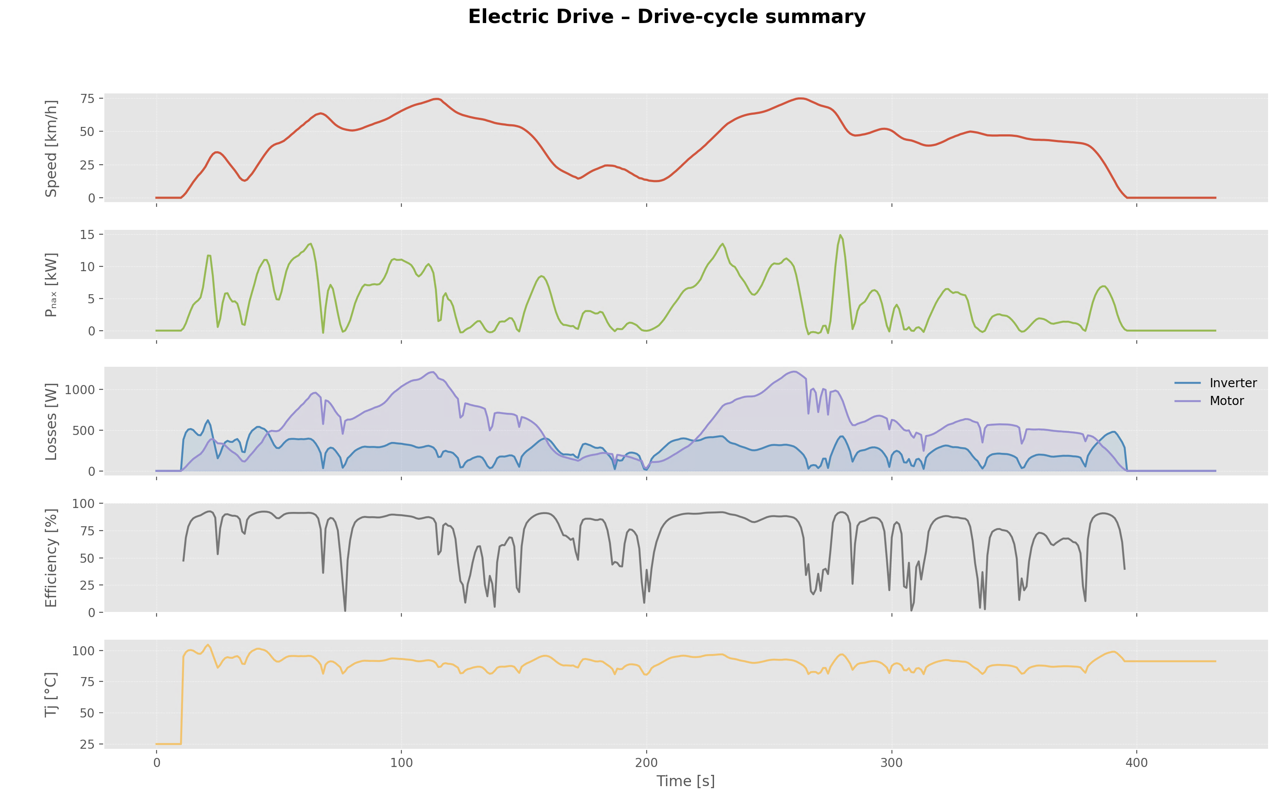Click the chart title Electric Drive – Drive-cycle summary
[x=667, y=17]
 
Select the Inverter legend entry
[x=1232, y=383]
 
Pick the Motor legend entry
[x=1226, y=401]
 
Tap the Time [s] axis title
[x=685, y=781]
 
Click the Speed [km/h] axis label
[x=51, y=149]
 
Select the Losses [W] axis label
[x=51, y=422]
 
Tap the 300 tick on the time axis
[x=891, y=763]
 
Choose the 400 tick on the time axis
[x=1136, y=763]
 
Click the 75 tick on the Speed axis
[x=87, y=99]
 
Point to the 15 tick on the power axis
[x=87, y=235]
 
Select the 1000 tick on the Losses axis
[x=80, y=390]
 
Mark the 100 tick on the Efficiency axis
[x=83, y=504]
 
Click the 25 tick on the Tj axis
[x=87, y=744]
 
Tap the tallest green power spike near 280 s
[x=840, y=235]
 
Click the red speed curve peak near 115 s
[x=436, y=99]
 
